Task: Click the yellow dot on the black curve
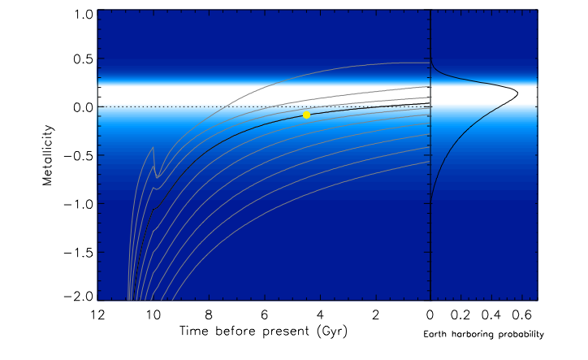[x=306, y=115]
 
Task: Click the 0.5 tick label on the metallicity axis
[x=80, y=59]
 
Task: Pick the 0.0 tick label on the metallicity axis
[x=80, y=107]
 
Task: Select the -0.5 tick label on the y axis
[x=77, y=155]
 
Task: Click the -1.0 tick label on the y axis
[x=77, y=204]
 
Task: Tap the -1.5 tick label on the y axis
[x=77, y=252]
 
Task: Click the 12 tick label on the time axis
[x=97, y=314]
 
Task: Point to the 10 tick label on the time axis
[x=152, y=314]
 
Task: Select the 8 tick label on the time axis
[x=208, y=314]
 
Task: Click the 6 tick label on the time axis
[x=264, y=314]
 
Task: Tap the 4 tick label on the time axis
[x=319, y=314]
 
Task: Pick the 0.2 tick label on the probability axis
[x=460, y=314]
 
